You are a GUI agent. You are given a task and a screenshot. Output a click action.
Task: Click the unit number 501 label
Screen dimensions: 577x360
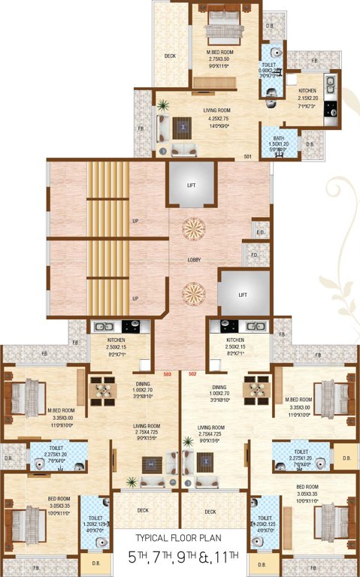coord(247,156)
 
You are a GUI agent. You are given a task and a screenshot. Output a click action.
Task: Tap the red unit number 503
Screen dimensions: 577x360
coord(169,373)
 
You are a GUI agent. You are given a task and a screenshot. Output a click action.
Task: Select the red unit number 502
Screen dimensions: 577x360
coord(192,373)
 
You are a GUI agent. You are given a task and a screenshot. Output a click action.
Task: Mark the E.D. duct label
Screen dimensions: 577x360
coord(260,232)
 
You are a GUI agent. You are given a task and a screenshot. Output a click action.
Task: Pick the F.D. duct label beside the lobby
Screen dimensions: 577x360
coord(254,255)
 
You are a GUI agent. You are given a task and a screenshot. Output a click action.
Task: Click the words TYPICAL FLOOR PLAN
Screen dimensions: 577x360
coord(179,538)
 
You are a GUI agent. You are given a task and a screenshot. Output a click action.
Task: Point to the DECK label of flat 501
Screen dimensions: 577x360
coord(170,56)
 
